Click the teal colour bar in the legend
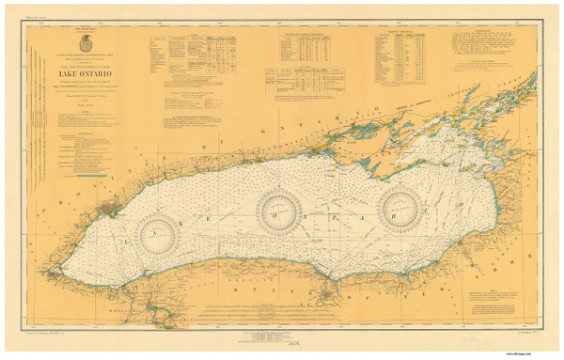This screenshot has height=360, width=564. (86, 174)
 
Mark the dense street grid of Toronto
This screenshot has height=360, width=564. (113, 201)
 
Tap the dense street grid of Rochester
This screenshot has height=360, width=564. (325, 298)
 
